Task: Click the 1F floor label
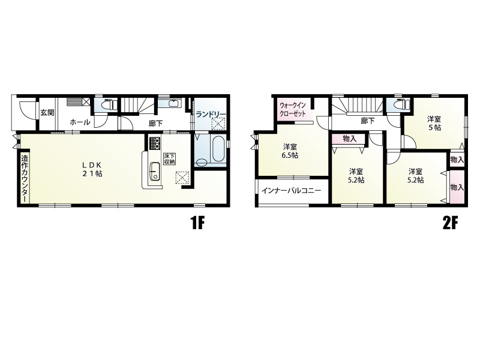click(x=197, y=224)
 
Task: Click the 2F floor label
click(x=450, y=224)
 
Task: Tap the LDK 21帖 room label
click(x=92, y=169)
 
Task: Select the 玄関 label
click(x=47, y=113)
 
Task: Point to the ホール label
click(x=80, y=122)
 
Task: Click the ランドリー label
click(x=211, y=114)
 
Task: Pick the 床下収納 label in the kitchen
click(x=169, y=158)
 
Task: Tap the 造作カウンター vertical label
click(x=25, y=179)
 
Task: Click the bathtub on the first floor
click(x=218, y=148)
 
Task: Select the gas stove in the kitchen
click(x=155, y=143)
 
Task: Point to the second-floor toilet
click(x=401, y=104)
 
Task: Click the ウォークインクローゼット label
click(x=293, y=109)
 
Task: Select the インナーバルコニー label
click(x=291, y=191)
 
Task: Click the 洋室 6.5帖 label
click(x=290, y=151)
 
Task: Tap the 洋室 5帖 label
click(x=434, y=123)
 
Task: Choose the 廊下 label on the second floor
click(x=368, y=121)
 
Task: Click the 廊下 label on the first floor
click(x=155, y=124)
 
